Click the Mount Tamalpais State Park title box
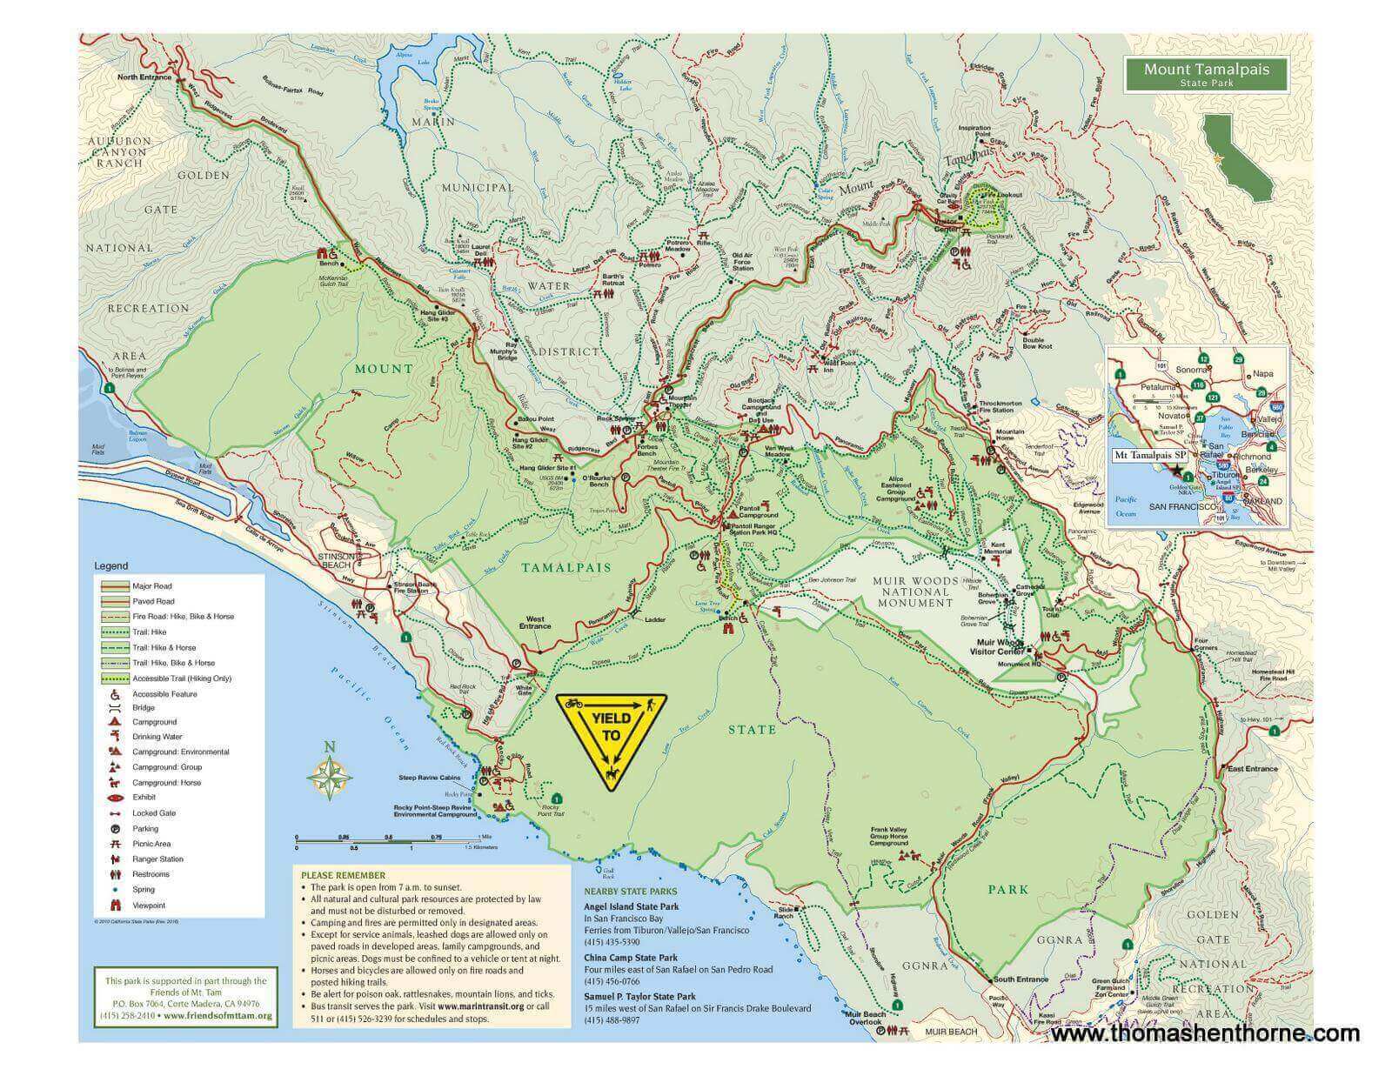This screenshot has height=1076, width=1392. [1205, 74]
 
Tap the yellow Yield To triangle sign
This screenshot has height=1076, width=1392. [612, 739]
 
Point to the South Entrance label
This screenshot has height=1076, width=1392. [1021, 979]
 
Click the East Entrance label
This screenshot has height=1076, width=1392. [1252, 769]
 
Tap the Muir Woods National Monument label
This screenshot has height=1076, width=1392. [915, 591]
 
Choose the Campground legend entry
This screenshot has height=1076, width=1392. [154, 722]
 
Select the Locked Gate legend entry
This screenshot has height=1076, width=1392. [154, 813]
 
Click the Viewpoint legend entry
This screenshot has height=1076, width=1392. [150, 905]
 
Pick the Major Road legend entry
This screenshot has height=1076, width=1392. [151, 586]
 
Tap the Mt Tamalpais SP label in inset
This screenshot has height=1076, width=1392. [1150, 455]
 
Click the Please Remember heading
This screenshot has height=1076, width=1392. [342, 875]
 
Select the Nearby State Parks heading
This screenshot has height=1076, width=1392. [630, 891]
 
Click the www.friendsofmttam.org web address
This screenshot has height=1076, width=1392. [217, 1015]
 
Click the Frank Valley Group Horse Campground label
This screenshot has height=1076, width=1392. [889, 837]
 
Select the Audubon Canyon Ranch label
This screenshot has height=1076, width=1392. [119, 151]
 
